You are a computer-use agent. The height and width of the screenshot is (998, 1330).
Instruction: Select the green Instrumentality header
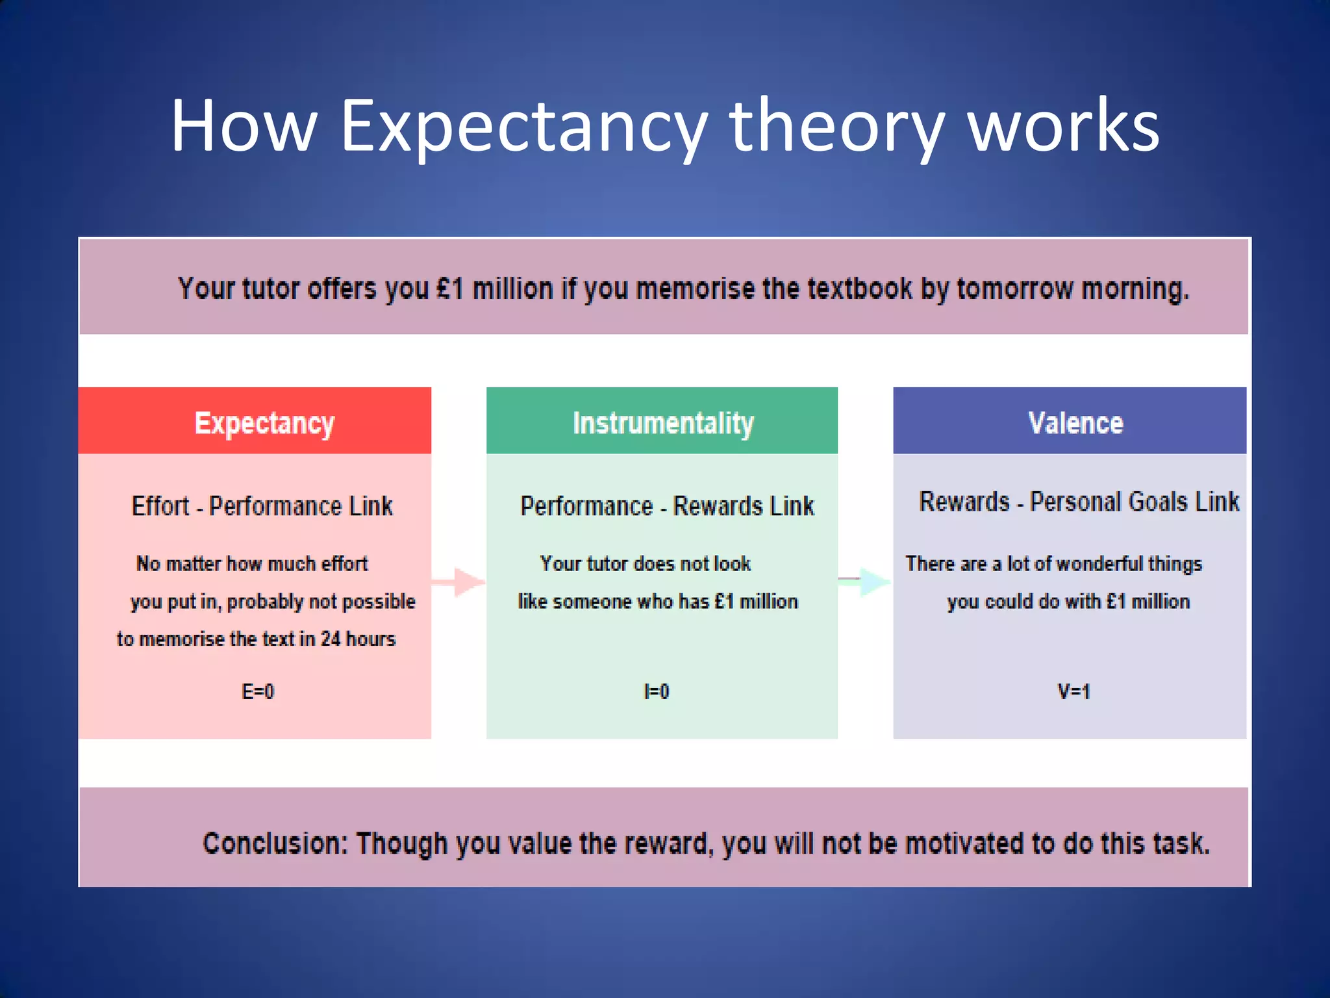click(662, 422)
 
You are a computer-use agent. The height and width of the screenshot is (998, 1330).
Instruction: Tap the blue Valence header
click(1075, 422)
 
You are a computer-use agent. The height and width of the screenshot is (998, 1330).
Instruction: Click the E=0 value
click(258, 691)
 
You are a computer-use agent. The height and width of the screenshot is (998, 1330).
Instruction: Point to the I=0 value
click(656, 691)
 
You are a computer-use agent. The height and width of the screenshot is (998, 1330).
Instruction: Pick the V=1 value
click(1073, 691)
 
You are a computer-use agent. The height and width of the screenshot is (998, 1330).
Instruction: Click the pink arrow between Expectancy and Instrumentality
click(459, 582)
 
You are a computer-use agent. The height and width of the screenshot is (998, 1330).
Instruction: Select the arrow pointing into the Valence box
click(865, 581)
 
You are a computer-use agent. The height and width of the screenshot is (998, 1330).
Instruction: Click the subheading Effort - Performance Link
click(262, 506)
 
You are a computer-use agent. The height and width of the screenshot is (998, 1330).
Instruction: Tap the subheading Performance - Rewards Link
click(667, 506)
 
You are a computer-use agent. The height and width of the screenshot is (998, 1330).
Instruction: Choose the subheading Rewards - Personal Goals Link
click(1079, 502)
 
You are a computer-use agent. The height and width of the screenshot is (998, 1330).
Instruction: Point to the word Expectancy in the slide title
click(523, 127)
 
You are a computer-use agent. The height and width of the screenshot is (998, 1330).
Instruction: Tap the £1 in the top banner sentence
click(450, 288)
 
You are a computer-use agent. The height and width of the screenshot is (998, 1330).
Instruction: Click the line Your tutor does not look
click(645, 563)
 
